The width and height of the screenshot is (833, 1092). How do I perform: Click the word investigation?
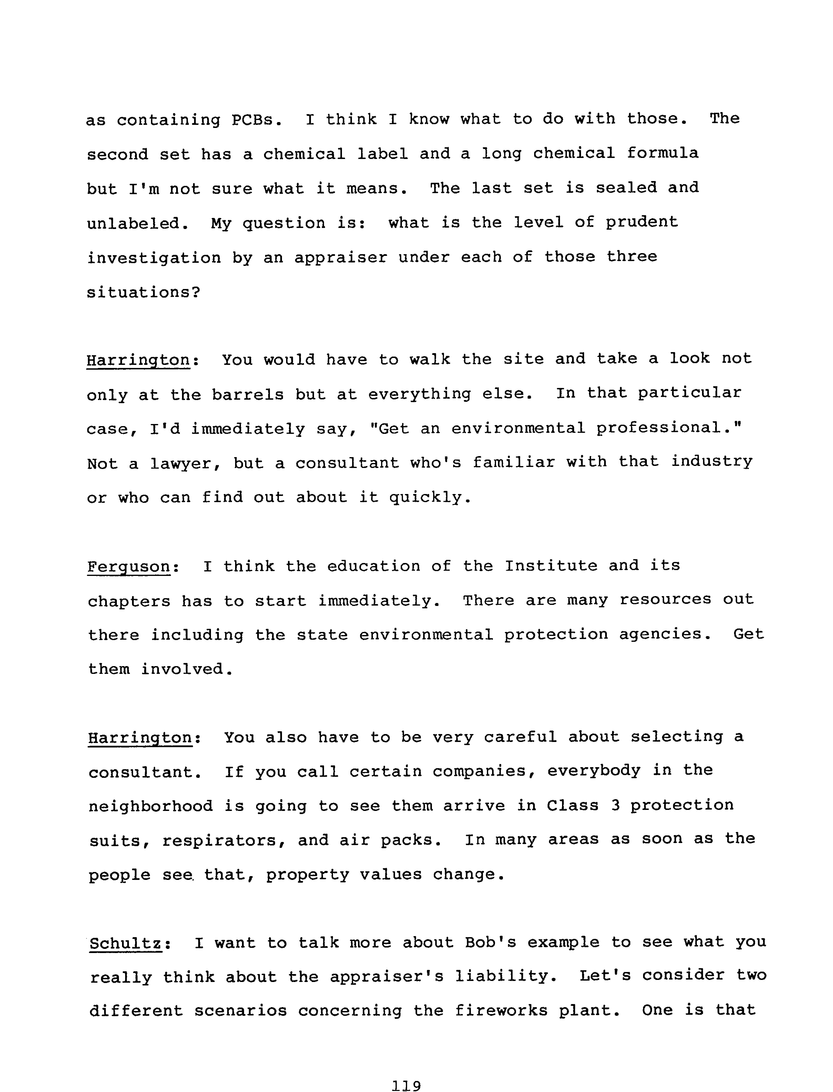click(154, 258)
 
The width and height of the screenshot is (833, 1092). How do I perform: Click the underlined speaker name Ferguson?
click(129, 566)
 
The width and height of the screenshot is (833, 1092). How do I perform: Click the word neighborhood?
click(151, 806)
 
